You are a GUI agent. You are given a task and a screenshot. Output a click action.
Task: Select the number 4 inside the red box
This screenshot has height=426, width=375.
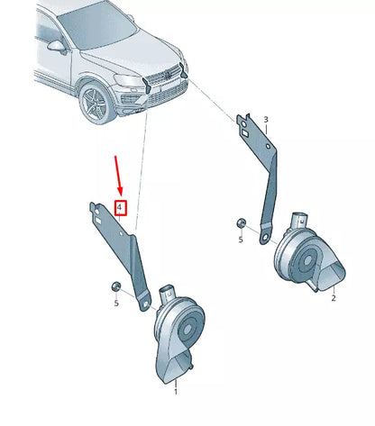tap(119, 208)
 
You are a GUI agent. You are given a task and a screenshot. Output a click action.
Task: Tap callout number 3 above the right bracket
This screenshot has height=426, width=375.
tap(265, 119)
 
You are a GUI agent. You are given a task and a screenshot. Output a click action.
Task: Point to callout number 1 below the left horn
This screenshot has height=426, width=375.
tap(175, 393)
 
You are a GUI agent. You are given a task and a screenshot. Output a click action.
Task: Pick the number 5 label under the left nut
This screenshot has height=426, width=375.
tap(115, 303)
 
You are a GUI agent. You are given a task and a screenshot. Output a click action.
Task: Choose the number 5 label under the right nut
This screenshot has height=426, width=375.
tap(241, 240)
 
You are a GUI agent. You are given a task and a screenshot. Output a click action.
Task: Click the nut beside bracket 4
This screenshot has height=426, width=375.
tap(115, 286)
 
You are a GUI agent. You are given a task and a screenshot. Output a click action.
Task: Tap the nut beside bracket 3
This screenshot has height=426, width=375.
tap(240, 222)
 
